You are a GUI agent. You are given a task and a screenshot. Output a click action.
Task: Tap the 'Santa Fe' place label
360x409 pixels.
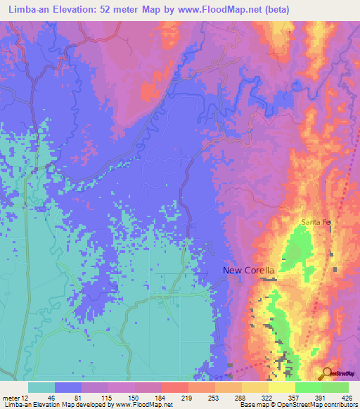(316, 222)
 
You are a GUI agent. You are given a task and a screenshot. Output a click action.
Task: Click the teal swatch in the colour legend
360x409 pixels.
(41, 387)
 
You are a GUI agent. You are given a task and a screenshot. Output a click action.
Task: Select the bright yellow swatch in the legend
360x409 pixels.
(282, 387)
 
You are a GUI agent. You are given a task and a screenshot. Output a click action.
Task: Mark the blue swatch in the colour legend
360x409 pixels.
(68, 387)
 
